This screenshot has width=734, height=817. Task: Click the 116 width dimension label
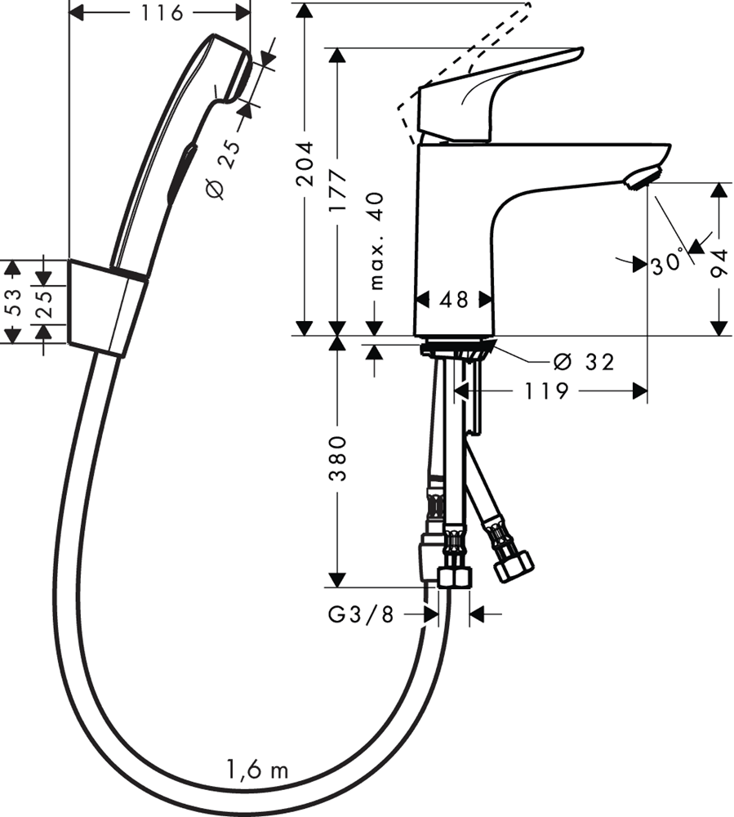[x=160, y=12]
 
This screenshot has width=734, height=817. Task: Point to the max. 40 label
[x=376, y=241]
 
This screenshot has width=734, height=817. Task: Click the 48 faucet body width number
[x=454, y=300]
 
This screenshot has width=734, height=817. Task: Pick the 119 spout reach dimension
[x=546, y=391]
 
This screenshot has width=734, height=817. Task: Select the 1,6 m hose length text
[x=256, y=769]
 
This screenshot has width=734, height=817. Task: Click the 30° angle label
[x=667, y=265]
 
